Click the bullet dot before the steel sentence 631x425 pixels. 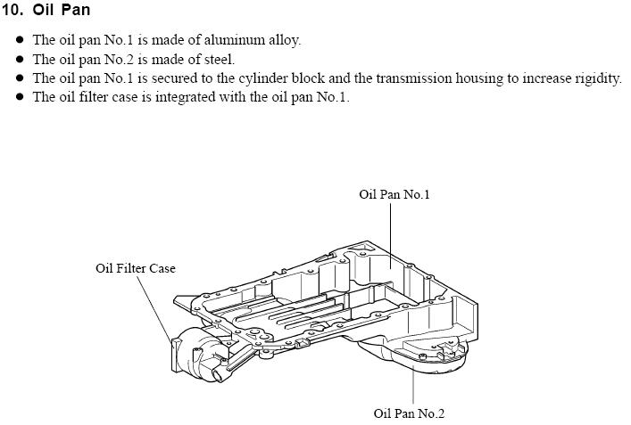[x=21, y=60]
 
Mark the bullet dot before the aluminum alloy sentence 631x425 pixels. [x=21, y=40]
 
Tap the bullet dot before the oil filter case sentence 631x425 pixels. [x=21, y=97]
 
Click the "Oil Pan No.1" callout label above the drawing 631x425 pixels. [x=394, y=194]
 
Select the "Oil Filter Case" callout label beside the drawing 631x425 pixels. [x=136, y=268]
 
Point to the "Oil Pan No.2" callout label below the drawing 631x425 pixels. [x=409, y=413]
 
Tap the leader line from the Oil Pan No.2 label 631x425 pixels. [x=413, y=384]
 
